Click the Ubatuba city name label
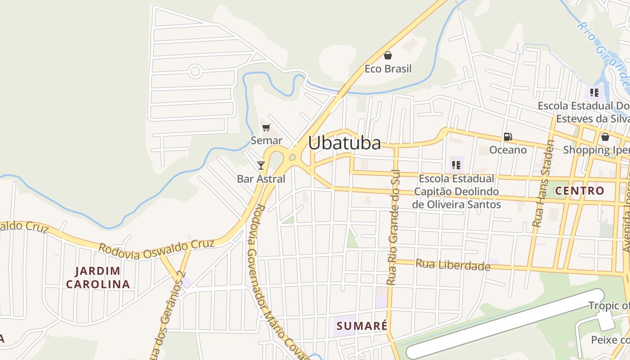pyautogui.click(x=344, y=143)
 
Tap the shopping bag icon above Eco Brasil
pyautogui.click(x=388, y=55)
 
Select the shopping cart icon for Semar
pyautogui.click(x=266, y=128)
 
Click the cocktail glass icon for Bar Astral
pyautogui.click(x=261, y=165)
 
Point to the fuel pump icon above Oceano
pyautogui.click(x=508, y=137)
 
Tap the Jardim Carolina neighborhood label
pyautogui.click(x=98, y=278)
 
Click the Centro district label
pyautogui.click(x=580, y=191)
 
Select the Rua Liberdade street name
pyautogui.click(x=453, y=265)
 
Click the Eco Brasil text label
pyautogui.click(x=388, y=69)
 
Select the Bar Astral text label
pyautogui.click(x=261, y=179)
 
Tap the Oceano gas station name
pyautogui.click(x=508, y=150)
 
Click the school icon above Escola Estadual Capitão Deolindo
pyautogui.click(x=456, y=165)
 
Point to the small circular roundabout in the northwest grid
pyautogui.click(x=195, y=71)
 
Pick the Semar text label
pyautogui.click(x=266, y=140)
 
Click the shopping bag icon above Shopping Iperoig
pyautogui.click(x=605, y=137)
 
